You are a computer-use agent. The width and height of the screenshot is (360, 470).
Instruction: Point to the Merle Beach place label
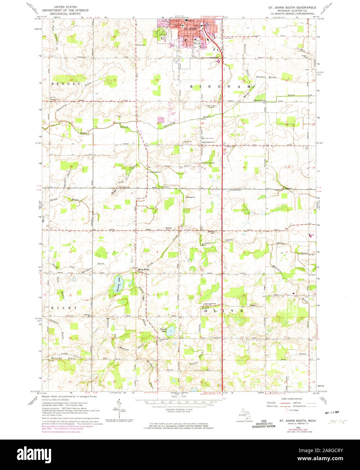click(143, 269)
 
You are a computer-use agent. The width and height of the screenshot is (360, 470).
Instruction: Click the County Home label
click(209, 138)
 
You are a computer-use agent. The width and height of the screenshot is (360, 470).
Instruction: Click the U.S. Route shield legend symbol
click(287, 410)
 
